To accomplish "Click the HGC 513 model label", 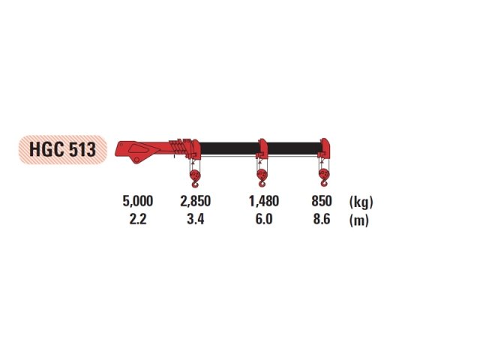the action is [63, 150].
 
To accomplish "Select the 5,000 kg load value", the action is [138, 201].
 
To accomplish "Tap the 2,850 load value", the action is [195, 201].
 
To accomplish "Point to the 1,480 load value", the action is [264, 201].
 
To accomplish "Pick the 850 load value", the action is [322, 201].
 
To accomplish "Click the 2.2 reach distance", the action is [138, 219].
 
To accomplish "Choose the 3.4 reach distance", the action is [195, 219].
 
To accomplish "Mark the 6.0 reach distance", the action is [264, 219].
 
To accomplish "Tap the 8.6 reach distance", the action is [322, 219].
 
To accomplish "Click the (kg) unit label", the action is [361, 202].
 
